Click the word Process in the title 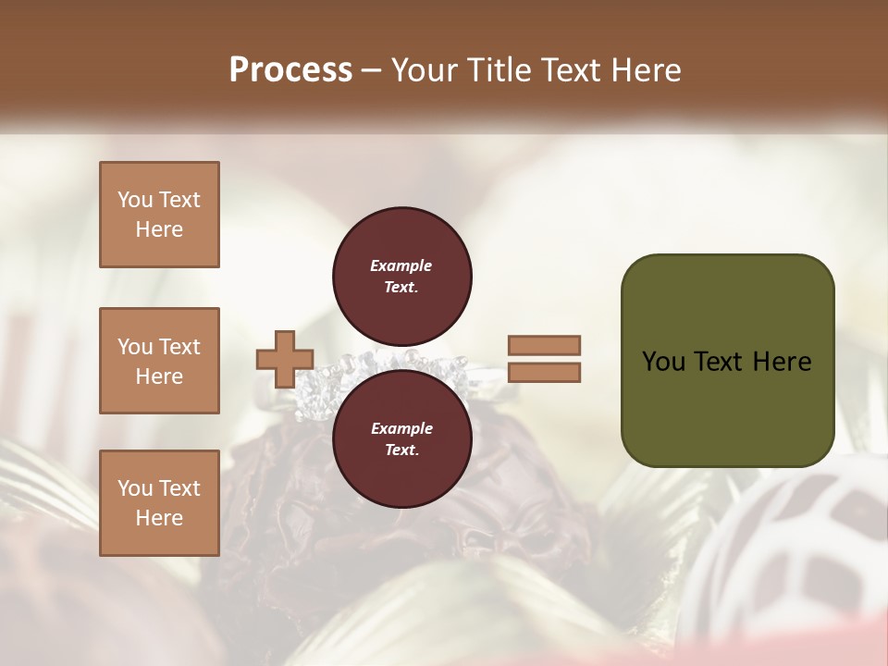coord(290,70)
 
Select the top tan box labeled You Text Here coord(159,215)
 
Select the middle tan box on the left coord(159,361)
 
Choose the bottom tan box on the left coord(159,503)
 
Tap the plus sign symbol coord(285,359)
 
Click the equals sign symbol coord(544,359)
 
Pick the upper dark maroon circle coord(402,276)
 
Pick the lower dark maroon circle coord(402,439)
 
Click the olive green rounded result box coord(727,361)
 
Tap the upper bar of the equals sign coord(544,345)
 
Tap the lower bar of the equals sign coord(544,373)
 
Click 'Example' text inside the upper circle coord(401,265)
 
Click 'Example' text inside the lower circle coord(401,428)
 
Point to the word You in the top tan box coord(134,200)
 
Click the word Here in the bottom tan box coord(159,518)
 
